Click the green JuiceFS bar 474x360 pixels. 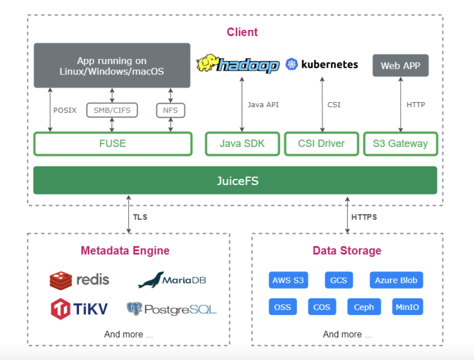(235, 180)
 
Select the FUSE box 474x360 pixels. (113, 144)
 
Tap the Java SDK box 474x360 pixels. (242, 144)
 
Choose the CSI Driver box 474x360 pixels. (321, 144)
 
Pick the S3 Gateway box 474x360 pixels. (400, 144)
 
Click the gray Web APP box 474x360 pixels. (400, 65)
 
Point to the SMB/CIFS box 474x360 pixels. (112, 110)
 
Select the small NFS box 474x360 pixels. (171, 110)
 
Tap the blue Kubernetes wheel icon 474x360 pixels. (291, 64)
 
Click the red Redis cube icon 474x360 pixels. (61, 281)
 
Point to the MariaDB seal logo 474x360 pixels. (151, 280)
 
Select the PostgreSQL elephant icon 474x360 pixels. (134, 309)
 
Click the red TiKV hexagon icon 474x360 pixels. (61, 309)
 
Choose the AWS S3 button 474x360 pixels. (288, 280)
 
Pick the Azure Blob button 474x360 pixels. (396, 280)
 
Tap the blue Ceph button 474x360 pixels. (364, 307)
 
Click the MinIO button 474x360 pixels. (407, 307)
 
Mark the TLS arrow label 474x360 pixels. (140, 217)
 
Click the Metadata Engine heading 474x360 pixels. (125, 250)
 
